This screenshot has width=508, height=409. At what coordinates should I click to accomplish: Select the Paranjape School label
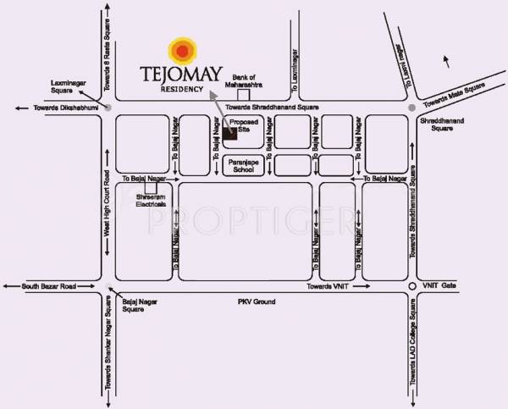pyautogui.click(x=241, y=165)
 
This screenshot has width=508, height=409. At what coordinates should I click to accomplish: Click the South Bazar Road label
pyautogui.click(x=50, y=288)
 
